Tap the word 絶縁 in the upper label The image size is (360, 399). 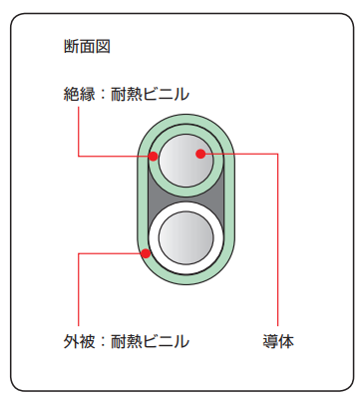[76, 95]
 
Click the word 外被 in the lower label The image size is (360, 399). [76, 342]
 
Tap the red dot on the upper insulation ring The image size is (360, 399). [154, 156]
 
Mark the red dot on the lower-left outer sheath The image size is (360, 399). [146, 253]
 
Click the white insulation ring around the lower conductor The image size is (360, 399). [185, 269]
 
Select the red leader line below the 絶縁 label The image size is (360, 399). [78, 130]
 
